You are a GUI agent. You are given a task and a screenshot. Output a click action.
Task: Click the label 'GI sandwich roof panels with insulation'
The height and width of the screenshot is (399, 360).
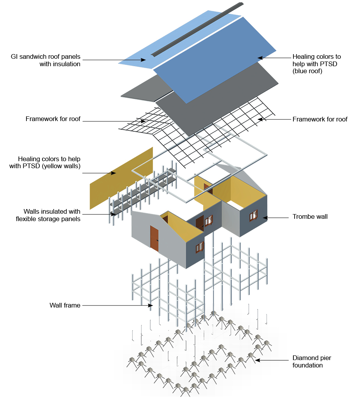[46, 60]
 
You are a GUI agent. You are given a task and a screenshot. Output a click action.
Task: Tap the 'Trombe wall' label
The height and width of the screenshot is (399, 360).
[310, 216]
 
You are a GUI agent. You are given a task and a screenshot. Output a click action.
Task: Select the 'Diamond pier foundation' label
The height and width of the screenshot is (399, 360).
[312, 362]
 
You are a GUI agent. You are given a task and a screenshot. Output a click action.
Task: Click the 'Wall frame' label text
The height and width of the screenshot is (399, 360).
[65, 305]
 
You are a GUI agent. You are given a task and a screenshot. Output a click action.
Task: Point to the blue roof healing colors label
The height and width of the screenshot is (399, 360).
[316, 64]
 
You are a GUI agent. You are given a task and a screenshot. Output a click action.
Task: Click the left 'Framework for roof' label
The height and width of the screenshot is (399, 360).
[53, 119]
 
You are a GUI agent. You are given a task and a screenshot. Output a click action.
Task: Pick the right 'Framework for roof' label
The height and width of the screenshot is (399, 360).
[320, 119]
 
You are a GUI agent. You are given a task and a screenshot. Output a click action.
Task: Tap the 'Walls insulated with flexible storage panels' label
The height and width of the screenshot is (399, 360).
[48, 215]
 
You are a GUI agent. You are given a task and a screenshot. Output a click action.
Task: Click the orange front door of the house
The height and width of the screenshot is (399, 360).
[154, 238]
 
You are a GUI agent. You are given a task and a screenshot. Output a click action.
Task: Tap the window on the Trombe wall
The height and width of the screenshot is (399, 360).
[254, 214]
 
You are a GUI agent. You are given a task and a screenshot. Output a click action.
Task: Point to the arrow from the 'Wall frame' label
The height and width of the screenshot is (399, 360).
[117, 306]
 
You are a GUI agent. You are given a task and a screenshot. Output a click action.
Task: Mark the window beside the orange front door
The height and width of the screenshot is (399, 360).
[200, 247]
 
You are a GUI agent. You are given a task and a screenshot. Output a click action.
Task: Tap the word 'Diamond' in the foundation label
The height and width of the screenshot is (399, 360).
[305, 358]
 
